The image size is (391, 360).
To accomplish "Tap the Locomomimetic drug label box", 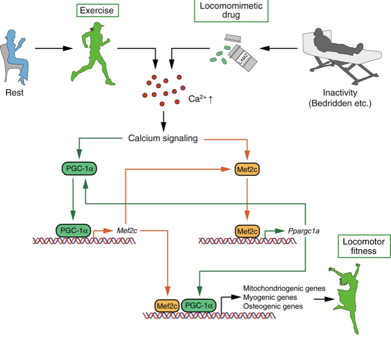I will [231, 10].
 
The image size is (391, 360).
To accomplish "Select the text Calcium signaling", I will [162, 139].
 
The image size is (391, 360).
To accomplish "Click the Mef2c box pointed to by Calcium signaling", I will [247, 169].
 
